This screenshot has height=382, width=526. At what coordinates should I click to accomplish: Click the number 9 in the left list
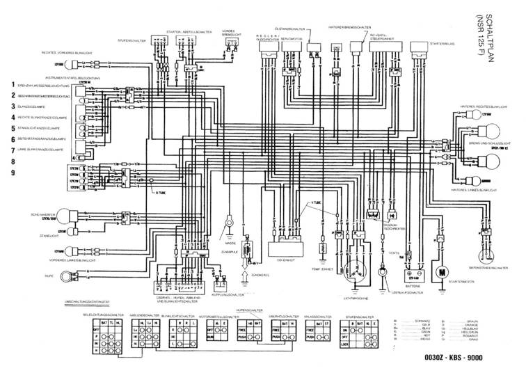(12, 172)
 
